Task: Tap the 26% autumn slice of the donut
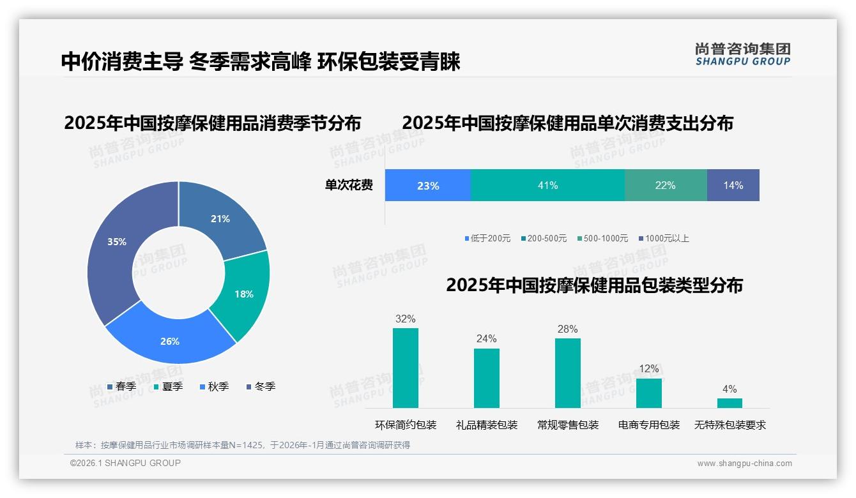tap(170, 341)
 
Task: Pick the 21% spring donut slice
tap(220, 219)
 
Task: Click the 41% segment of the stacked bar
tap(547, 185)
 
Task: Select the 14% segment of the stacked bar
tap(733, 185)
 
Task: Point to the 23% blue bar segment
tap(427, 185)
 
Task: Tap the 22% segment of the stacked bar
tap(666, 185)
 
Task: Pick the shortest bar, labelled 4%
tap(730, 403)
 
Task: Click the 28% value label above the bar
tap(567, 329)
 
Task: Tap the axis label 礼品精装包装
tap(487, 425)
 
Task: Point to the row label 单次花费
tap(349, 185)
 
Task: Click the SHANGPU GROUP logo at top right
tap(742, 54)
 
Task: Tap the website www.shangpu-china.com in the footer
tap(744, 464)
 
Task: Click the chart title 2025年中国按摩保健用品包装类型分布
tap(594, 285)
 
